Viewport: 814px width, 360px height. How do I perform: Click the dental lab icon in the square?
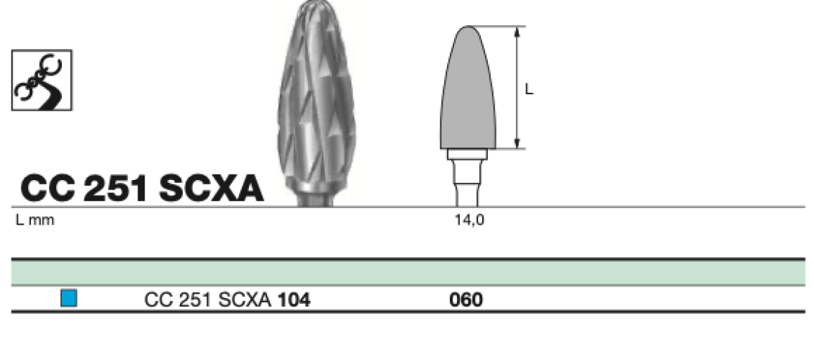(x=42, y=80)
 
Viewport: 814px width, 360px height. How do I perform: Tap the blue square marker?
(x=68, y=298)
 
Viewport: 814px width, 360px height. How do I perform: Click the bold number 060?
(x=466, y=300)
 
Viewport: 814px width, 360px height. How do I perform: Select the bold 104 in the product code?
(x=294, y=300)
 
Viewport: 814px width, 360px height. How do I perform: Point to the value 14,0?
(x=469, y=220)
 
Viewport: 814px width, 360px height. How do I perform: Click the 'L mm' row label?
(x=35, y=220)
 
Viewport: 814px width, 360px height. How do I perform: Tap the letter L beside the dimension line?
(x=529, y=89)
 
